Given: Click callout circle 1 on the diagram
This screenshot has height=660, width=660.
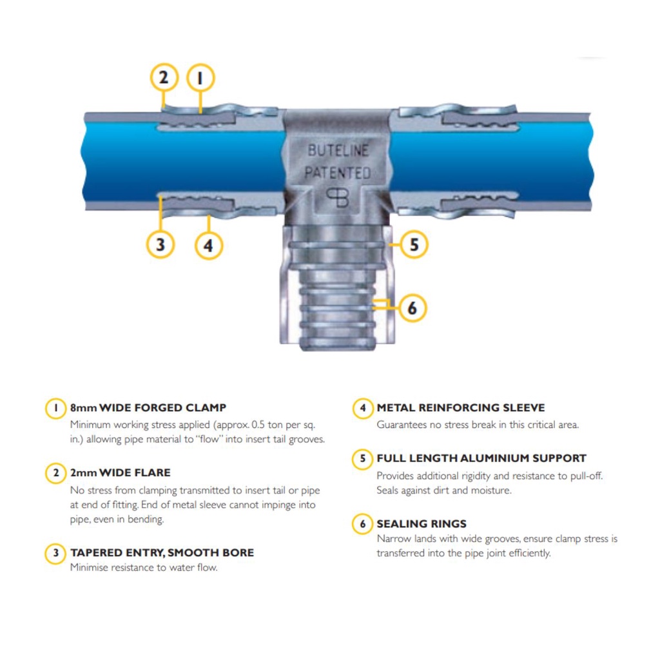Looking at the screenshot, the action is coord(200,79).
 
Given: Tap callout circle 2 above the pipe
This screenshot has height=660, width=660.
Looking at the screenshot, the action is coord(164,78).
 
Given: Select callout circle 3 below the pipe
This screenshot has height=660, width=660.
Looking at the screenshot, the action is coord(160,245).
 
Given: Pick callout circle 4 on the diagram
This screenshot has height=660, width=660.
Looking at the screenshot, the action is coord(209,246).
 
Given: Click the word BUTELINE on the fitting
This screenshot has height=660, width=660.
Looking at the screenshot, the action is coord(338,151).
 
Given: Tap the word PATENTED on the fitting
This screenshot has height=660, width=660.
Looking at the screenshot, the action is coord(337,173).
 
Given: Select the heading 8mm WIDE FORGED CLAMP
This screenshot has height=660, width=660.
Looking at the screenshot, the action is coord(148,408).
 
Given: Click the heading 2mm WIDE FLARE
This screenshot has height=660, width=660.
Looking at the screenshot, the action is coord(120,473).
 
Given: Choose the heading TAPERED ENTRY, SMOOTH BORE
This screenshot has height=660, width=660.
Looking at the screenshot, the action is coord(162,553).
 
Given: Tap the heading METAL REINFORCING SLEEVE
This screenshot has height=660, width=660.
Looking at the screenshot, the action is coord(460,408).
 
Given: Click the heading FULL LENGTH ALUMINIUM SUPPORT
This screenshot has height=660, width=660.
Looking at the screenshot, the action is coord(481,459).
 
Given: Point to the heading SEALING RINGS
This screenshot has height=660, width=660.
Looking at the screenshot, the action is coord(422,524).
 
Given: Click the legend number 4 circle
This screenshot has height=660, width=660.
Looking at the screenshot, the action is coord(363,408).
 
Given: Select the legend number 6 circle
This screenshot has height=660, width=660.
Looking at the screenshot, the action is coord(363,524).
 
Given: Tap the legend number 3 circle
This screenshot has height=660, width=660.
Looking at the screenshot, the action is coord(56,553).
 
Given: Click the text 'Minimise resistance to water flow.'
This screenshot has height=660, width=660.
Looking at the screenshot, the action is coord(143,568).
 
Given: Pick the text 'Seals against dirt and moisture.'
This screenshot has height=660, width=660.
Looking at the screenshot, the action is coord(443,490).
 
